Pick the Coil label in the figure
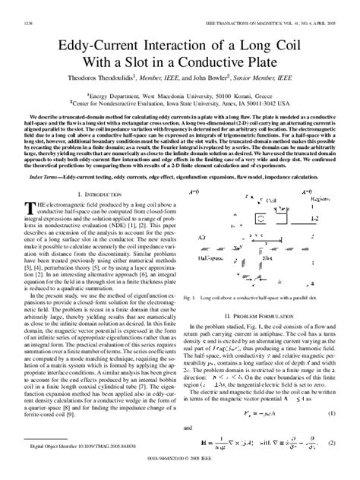201,216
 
